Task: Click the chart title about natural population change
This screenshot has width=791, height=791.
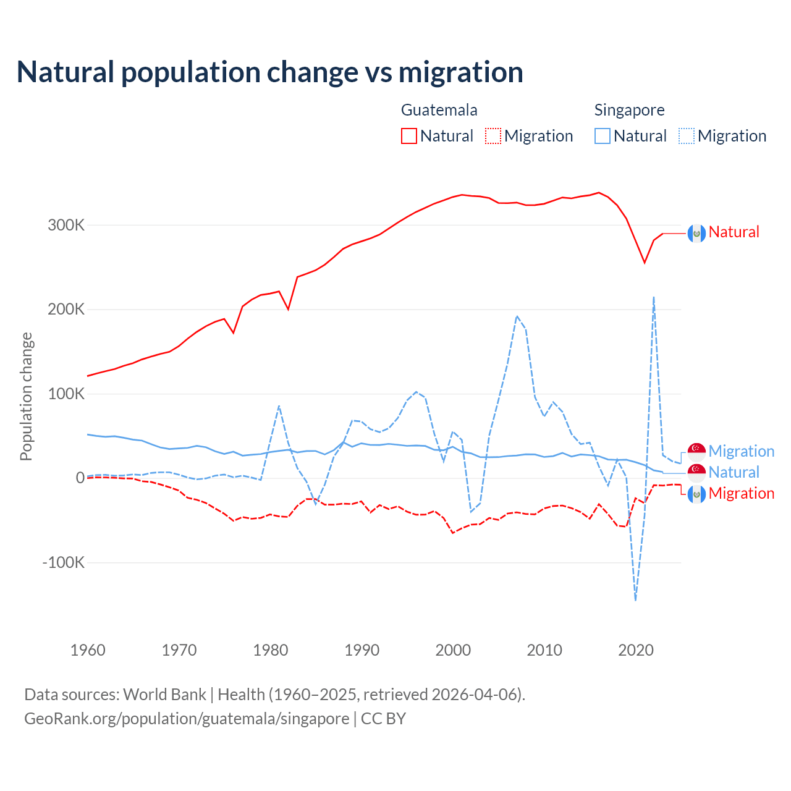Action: point(270,72)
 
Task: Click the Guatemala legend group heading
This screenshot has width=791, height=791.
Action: point(439,110)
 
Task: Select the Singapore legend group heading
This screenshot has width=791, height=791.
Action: point(629,110)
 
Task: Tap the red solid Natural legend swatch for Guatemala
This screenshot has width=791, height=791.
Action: point(409,136)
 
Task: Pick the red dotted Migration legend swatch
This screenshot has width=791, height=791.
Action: point(493,136)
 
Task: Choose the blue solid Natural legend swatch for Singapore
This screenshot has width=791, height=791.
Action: point(603,136)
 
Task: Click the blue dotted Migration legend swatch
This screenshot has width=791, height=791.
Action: point(687,136)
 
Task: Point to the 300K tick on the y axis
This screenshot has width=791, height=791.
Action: point(66,225)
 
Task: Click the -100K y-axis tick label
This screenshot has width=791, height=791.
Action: point(63,562)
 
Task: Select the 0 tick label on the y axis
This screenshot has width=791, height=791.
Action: point(80,478)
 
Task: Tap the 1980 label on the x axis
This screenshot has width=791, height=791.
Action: point(271,650)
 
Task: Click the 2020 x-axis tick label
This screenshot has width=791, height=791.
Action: point(635,650)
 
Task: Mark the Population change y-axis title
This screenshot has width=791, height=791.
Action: point(26,396)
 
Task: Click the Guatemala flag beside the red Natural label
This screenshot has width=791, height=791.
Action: point(696,233)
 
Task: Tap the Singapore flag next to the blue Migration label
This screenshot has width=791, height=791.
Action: point(696,452)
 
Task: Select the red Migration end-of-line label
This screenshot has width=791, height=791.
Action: point(741,493)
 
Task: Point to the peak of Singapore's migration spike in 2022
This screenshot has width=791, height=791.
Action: point(653,297)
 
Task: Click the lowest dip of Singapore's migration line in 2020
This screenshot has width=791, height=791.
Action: point(635,599)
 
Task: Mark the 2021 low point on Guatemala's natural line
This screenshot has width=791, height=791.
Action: point(645,263)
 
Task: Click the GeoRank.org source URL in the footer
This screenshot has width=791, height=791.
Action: point(187,719)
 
